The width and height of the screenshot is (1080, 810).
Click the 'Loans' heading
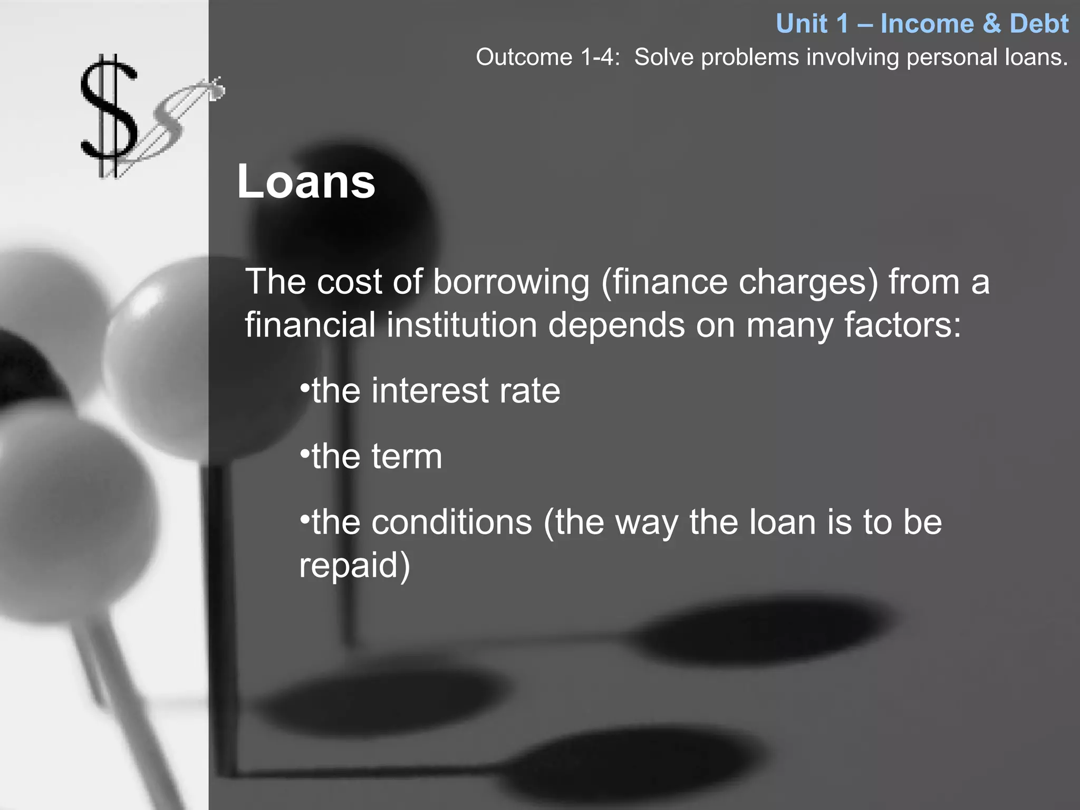tap(306, 181)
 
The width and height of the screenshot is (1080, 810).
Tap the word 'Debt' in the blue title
tap(1039, 24)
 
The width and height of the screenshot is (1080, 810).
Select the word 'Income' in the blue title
tap(927, 24)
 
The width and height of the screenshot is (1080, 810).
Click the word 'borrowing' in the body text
tap(511, 282)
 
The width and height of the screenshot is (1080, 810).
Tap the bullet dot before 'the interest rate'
tap(304, 388)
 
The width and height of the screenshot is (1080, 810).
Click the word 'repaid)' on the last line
tap(354, 565)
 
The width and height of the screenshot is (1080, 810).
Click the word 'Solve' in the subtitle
tap(663, 57)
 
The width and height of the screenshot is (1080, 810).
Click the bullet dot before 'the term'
tap(304, 454)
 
